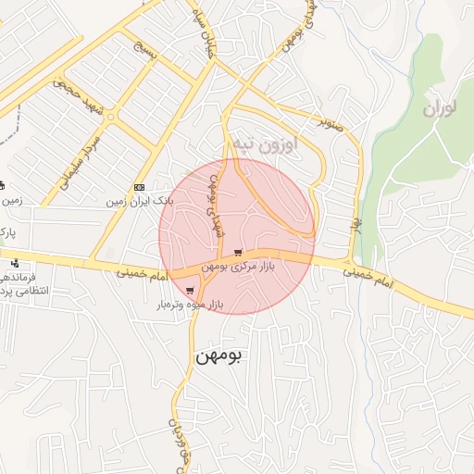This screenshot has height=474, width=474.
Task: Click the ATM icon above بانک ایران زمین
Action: click(139, 187)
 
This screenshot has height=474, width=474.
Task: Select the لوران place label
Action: click(441, 108)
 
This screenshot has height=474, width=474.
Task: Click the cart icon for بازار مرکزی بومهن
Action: click(238, 253)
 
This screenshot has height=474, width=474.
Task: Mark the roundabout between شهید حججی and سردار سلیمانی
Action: click(110, 118)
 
